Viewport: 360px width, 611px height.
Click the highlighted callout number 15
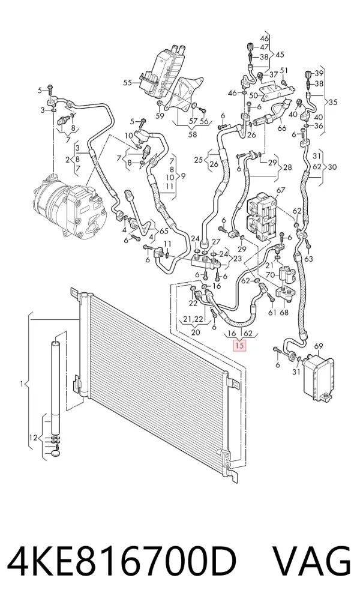[239, 345]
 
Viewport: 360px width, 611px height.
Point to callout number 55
[128, 83]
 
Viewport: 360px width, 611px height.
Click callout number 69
[319, 346]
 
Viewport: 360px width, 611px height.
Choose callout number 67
[281, 190]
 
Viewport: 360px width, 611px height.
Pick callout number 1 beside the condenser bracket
[22, 385]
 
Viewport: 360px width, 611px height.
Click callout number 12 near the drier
[33, 438]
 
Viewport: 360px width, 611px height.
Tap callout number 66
[282, 128]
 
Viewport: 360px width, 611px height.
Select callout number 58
[192, 135]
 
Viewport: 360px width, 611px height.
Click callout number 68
[284, 312]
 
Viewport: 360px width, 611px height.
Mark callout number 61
[272, 312]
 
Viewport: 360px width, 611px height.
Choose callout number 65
[164, 231]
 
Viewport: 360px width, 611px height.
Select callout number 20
[196, 333]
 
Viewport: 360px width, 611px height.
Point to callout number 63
[308, 258]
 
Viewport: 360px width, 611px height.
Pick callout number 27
[216, 242]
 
